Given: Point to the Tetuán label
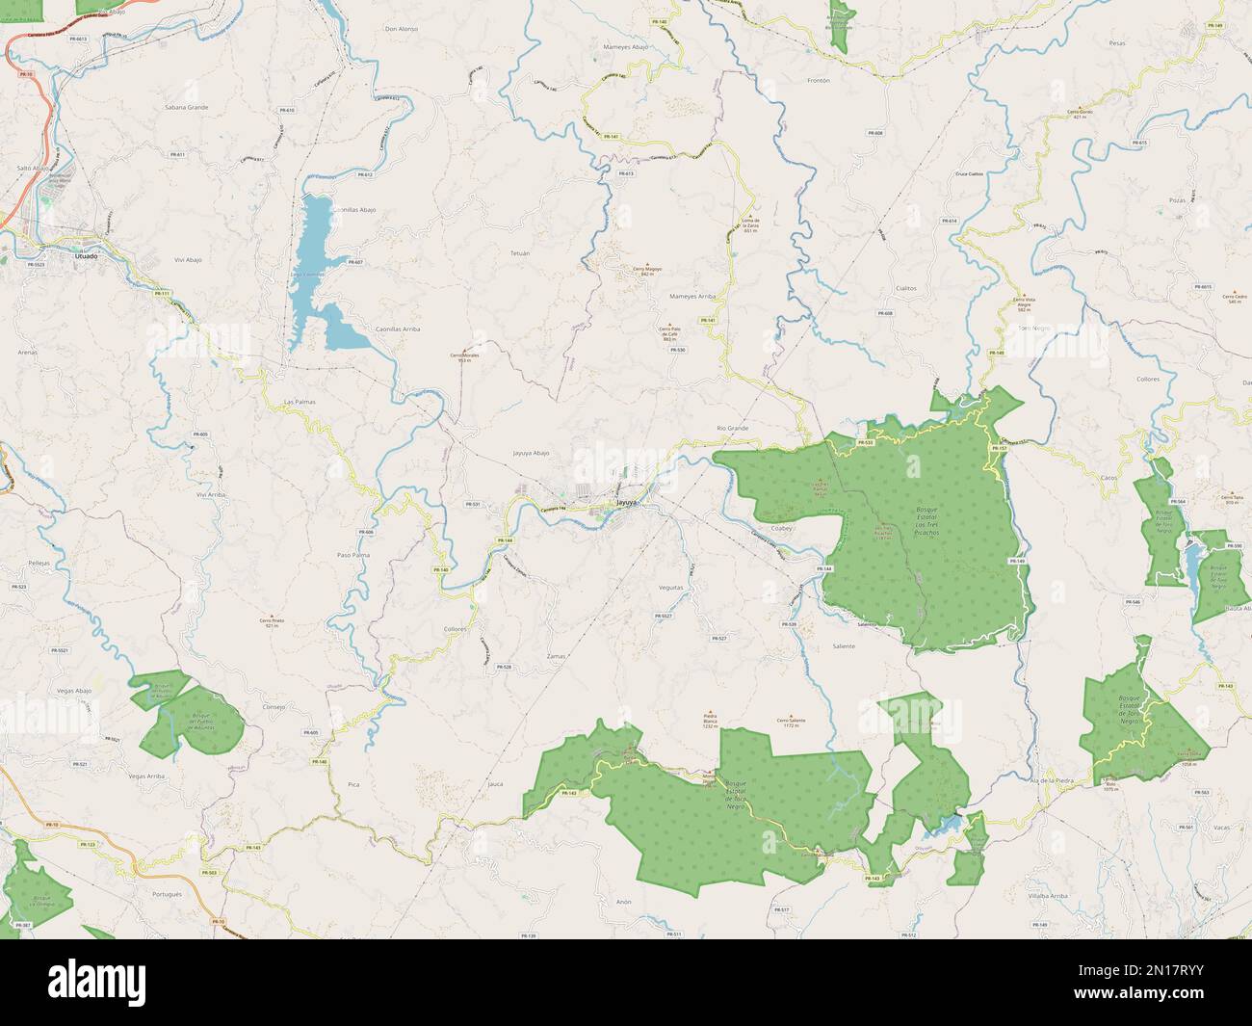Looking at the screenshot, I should coord(520,252).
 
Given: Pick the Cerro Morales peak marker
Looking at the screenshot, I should coord(464,349).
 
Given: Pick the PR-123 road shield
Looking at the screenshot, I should coord(88,844).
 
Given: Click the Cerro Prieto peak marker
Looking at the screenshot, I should coord(273,617).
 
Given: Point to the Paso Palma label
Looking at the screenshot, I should coord(353,555).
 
